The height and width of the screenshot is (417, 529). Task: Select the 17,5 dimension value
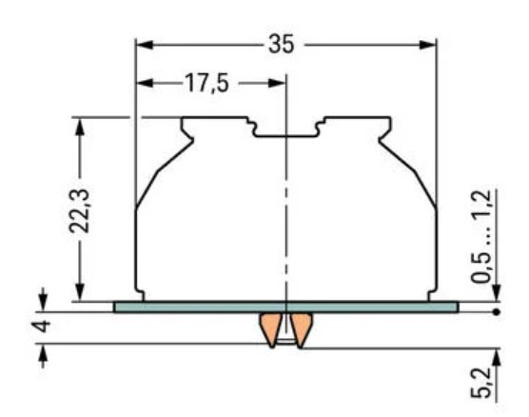point(206,84)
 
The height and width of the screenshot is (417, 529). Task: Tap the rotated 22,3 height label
point(85,209)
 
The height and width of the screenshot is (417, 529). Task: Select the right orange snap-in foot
point(301,329)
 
